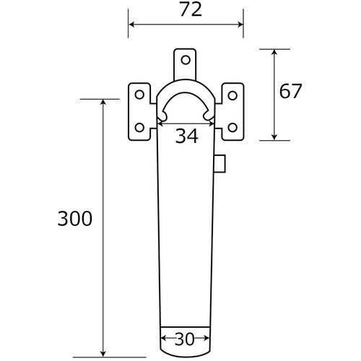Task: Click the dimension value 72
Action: [x=191, y=10]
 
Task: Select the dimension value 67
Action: [x=290, y=91]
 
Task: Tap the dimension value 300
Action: [x=75, y=219]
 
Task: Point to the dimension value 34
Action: [x=187, y=136]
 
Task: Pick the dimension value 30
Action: [x=185, y=339]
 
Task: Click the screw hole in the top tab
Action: [x=186, y=60]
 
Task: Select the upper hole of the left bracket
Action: [x=139, y=95]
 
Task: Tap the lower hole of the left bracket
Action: [x=139, y=128]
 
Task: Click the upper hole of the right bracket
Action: [x=232, y=95]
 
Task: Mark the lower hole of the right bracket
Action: [x=232, y=128]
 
